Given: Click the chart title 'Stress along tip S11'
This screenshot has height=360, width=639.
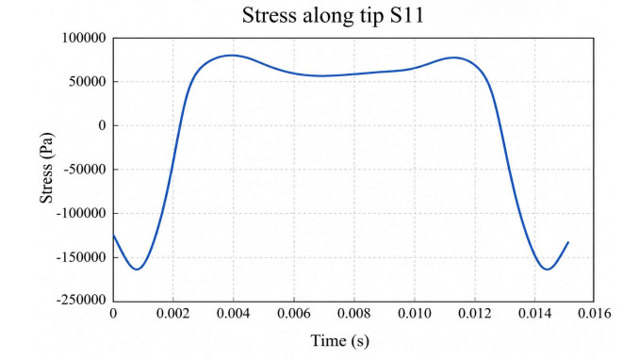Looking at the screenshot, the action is [333, 15].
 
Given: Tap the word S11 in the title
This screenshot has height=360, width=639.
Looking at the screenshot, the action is [407, 15].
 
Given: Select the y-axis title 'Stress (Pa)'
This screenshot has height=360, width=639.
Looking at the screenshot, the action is [46, 168].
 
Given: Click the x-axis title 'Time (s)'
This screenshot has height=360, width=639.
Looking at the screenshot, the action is [340, 340].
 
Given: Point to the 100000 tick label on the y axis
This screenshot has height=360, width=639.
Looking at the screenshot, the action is [84, 38].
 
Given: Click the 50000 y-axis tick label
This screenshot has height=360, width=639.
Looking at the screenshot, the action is [88, 82].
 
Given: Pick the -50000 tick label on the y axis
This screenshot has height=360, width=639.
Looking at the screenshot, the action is [85, 170].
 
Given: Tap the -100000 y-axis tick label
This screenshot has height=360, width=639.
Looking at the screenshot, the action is [81, 213].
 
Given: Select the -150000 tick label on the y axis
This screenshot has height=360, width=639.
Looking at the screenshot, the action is [81, 257].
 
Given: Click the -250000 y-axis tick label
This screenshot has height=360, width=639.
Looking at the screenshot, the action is [81, 300].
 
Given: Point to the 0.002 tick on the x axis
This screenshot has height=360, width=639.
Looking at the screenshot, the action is [173, 314].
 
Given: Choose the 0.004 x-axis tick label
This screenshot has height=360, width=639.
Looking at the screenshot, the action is [234, 314].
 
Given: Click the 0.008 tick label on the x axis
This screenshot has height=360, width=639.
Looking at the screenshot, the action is [354, 314].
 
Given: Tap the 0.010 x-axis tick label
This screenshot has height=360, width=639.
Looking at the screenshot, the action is [415, 314].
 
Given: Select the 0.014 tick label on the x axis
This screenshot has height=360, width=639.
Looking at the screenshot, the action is [535, 314].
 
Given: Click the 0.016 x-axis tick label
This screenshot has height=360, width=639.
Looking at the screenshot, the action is [595, 314].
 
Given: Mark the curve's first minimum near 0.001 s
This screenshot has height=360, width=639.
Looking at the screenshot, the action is [137, 270].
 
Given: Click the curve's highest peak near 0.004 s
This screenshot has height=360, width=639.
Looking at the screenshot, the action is [232, 55].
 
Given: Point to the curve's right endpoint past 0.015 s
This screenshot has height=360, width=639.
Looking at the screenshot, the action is [568, 242].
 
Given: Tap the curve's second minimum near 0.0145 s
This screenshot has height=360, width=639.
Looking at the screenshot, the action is [547, 270].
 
